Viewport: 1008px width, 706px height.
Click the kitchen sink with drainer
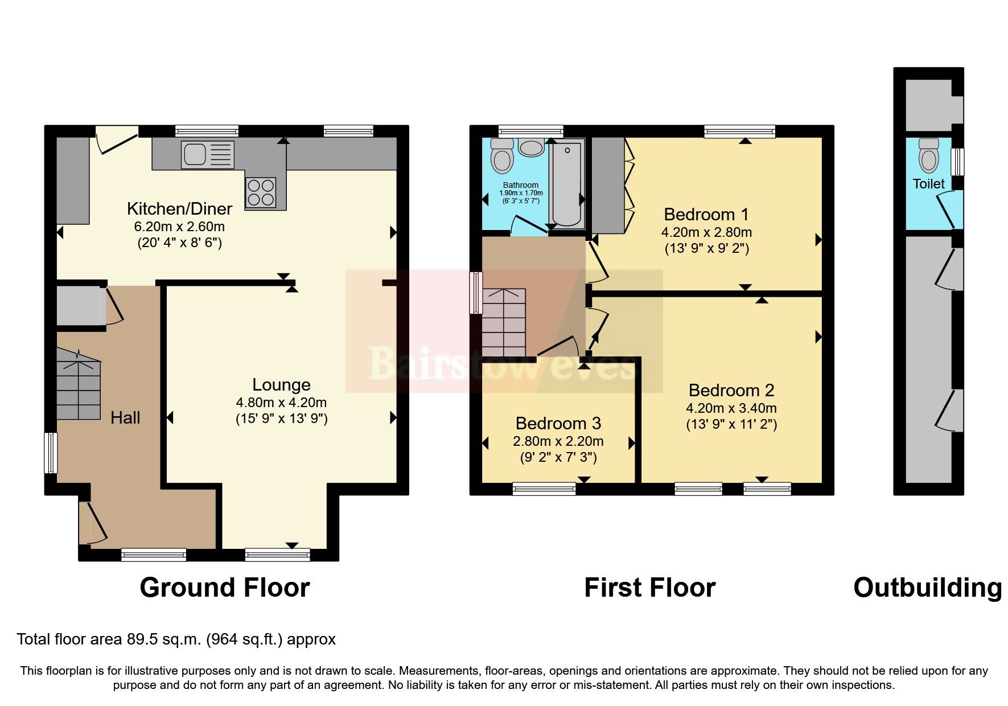207,154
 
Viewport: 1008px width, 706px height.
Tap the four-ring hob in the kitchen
261,192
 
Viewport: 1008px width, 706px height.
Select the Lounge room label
281,385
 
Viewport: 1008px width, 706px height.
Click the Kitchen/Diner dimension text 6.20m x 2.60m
179,227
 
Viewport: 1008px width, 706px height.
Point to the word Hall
125,418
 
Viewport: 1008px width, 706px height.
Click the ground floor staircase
79,384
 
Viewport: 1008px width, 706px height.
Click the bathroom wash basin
532,147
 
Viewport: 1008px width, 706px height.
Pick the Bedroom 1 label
706,215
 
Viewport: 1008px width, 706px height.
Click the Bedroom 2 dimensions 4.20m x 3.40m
731,408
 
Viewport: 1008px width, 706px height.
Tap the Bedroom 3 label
558,424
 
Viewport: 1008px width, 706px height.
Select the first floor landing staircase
504,323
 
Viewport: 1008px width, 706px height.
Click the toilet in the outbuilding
929,155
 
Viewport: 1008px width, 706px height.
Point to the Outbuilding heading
927,588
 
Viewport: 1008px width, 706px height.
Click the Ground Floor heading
225,588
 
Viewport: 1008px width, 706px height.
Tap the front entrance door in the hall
92,522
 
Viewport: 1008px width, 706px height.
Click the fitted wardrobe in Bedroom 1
608,185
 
